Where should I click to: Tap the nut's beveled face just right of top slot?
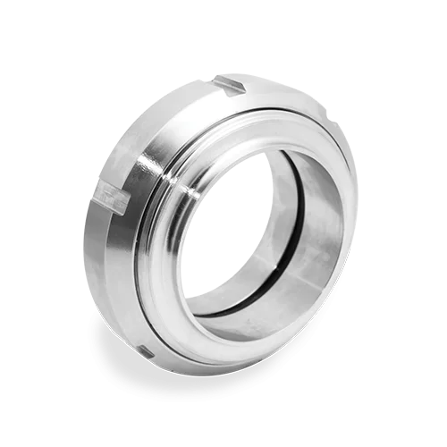tap(268, 94)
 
